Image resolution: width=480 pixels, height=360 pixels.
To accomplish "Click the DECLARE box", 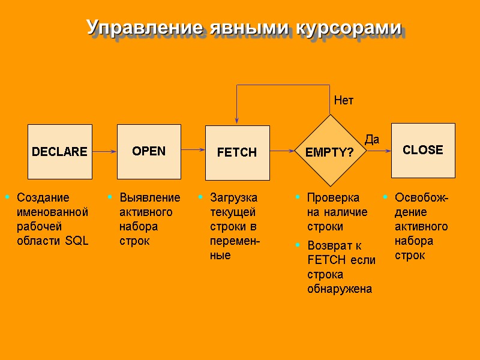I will pyautogui.click(x=60, y=152).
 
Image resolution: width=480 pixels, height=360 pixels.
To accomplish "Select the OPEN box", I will pyautogui.click(x=149, y=151).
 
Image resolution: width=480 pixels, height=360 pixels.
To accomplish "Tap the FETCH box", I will pyautogui.click(x=237, y=152).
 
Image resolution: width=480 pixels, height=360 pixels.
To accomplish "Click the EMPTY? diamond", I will pyautogui.click(x=330, y=152).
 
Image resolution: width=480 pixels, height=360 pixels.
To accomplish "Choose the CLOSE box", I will pyautogui.click(x=423, y=150).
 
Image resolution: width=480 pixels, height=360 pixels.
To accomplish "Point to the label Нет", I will pyautogui.click(x=344, y=101).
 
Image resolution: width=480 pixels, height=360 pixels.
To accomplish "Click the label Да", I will pyautogui.click(x=372, y=140).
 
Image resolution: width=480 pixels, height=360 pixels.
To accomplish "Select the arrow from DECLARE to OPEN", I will pyautogui.click(x=104, y=152).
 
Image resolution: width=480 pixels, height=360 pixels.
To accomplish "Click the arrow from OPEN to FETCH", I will pyautogui.click(x=193, y=149).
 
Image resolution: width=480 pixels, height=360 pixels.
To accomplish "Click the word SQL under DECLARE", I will pyautogui.click(x=78, y=241).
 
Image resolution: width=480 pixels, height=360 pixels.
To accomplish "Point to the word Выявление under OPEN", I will pyautogui.click(x=149, y=197).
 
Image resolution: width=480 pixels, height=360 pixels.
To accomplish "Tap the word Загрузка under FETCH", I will pyautogui.click(x=233, y=197).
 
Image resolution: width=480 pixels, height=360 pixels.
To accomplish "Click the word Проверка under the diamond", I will pyautogui.click(x=333, y=197).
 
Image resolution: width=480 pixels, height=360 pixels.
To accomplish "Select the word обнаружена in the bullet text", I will pyautogui.click(x=339, y=289).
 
